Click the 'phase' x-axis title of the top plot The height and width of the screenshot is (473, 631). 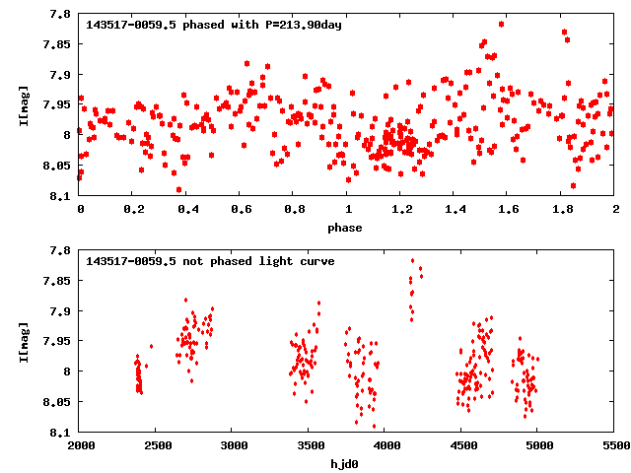point(346,228)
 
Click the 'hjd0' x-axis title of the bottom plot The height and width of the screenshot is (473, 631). point(346,464)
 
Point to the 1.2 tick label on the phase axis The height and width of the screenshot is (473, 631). point(401,210)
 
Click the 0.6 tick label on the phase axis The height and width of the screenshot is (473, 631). point(241,210)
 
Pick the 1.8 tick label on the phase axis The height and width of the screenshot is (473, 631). point(562,210)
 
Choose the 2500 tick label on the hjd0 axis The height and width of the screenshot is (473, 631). point(156,446)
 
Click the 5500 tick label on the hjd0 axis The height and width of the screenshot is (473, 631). point(614,446)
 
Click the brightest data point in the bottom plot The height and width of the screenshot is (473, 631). point(413,261)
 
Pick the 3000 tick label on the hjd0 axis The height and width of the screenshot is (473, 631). point(233,446)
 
